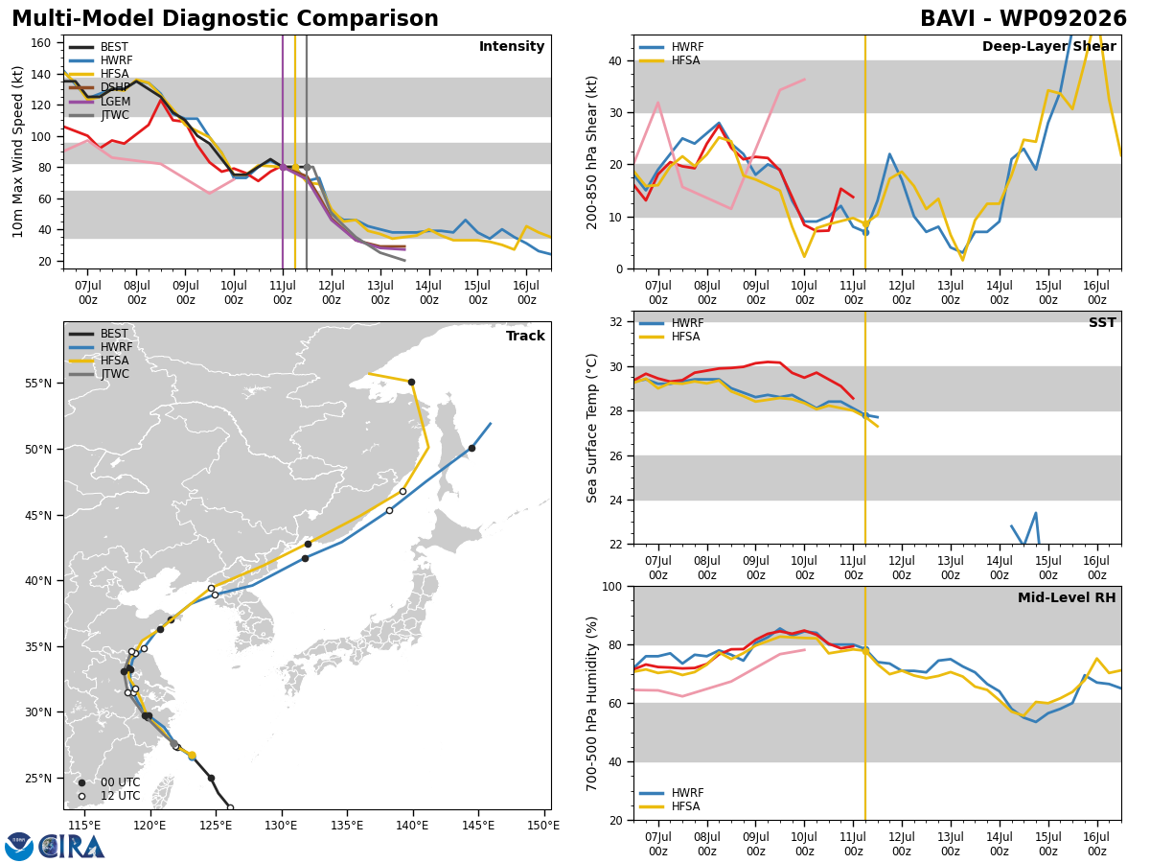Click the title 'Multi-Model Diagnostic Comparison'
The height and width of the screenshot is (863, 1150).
[x=225, y=19]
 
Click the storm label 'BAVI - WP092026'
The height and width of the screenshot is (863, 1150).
[x=1023, y=19]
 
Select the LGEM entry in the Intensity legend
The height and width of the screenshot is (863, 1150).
[x=100, y=102]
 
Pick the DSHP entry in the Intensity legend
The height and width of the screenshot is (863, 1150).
[x=100, y=87]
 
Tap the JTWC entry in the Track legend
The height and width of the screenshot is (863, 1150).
[x=99, y=374]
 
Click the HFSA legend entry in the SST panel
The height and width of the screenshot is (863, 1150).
[x=670, y=337]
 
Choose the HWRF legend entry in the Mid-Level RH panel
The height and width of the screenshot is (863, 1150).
[x=671, y=793]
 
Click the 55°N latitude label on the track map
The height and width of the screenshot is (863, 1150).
[x=38, y=383]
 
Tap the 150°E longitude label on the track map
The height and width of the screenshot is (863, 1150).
[x=543, y=826]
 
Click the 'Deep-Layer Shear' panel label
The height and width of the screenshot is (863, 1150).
[x=1048, y=46]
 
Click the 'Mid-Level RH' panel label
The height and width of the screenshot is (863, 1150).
[x=1067, y=597]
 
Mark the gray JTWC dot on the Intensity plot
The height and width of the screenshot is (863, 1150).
[x=307, y=168]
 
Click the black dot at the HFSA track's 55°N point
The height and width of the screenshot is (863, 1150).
[x=412, y=383]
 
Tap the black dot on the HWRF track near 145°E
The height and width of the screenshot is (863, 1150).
[x=472, y=449]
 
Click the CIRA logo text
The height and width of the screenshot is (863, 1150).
[x=72, y=847]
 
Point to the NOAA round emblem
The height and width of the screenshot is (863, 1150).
[x=19, y=847]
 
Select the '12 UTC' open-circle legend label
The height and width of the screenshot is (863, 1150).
[x=121, y=796]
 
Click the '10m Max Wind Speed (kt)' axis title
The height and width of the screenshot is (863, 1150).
[x=17, y=152]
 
